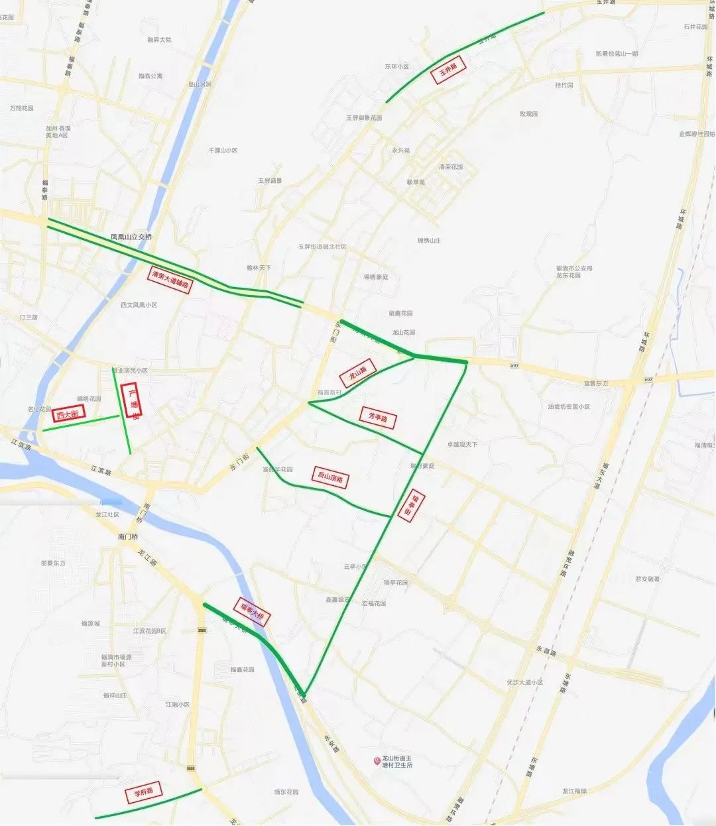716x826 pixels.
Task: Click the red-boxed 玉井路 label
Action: pyautogui.click(x=449, y=70)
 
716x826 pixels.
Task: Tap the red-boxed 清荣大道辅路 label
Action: pyautogui.click(x=170, y=280)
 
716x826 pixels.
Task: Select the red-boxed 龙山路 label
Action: pyautogui.click(x=358, y=373)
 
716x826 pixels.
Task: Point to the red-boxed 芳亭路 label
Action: pyautogui.click(x=378, y=418)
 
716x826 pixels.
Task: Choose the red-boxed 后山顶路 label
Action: pyautogui.click(x=330, y=477)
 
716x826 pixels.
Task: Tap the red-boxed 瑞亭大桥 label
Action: pyautogui.click(x=252, y=612)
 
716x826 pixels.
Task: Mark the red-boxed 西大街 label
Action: pyautogui.click(x=69, y=415)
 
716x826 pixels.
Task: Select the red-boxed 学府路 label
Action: pyautogui.click(x=143, y=792)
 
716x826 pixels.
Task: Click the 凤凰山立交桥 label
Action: pyautogui.click(x=131, y=237)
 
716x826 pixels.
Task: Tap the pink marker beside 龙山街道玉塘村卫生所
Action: pyautogui.click(x=377, y=760)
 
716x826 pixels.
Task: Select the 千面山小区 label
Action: pyautogui.click(x=223, y=150)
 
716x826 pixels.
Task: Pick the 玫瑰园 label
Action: pyautogui.click(x=528, y=114)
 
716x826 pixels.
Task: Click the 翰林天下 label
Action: pyautogui.click(x=259, y=268)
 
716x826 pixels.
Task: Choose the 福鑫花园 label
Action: pyautogui.click(x=242, y=670)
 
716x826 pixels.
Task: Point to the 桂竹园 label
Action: pyautogui.click(x=564, y=85)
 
